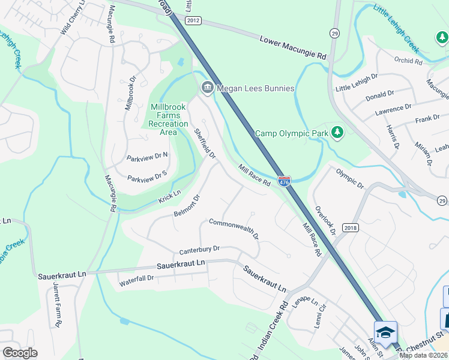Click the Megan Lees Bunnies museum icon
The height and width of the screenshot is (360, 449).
click(207, 88)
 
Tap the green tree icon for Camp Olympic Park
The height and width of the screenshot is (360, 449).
click(337, 132)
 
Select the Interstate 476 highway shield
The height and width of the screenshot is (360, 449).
click(285, 180)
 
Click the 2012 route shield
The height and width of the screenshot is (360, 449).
click(193, 20)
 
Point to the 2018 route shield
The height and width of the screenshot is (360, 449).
click(351, 228)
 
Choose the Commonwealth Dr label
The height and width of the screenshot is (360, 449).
click(234, 229)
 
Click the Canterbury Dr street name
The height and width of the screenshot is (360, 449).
click(200, 250)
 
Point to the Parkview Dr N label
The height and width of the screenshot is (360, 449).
click(147, 158)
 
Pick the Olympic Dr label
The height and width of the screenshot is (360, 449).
click(350, 178)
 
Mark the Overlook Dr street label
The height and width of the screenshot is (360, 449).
click(324, 218)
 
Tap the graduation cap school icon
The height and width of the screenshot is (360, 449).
click(385, 332)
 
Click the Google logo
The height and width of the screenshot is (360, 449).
click(20, 353)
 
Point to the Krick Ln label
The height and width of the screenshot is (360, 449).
click(169, 197)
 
